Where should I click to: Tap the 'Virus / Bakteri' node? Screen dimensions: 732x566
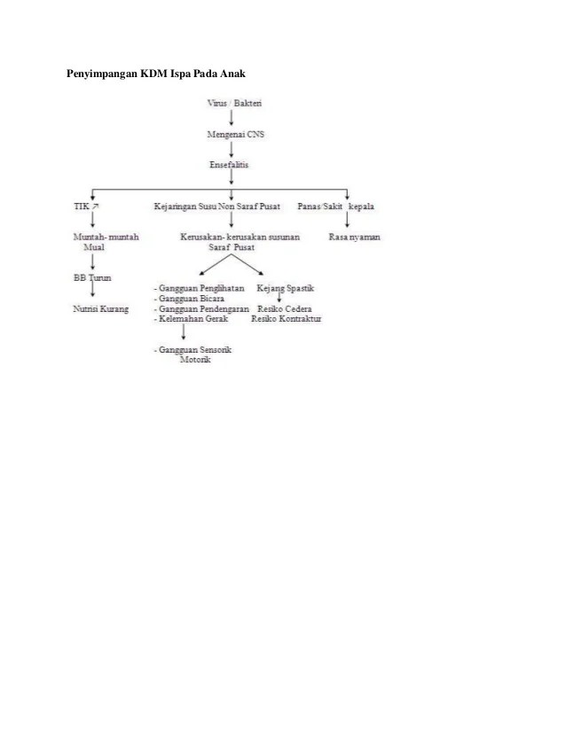233,104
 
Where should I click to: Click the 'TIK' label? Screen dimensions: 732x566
81,207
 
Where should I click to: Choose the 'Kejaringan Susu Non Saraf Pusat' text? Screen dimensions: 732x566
216,207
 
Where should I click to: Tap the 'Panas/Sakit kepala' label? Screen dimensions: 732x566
335,207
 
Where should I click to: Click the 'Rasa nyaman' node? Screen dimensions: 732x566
355,238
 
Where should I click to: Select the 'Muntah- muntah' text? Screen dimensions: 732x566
105,238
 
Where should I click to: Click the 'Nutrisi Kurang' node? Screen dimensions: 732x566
100,309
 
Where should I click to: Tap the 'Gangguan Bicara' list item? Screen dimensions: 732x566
191,299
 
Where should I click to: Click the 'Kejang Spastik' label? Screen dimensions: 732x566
286,289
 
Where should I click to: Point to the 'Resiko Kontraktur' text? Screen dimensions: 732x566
286,318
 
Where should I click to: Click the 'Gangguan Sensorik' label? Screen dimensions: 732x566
194,351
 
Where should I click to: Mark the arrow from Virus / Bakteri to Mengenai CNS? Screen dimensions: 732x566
232,119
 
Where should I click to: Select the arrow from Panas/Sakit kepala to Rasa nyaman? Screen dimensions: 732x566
347,222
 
